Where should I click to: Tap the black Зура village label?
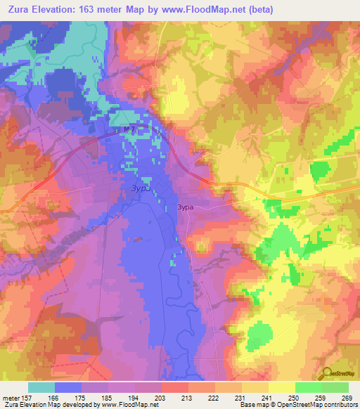pos(184,207)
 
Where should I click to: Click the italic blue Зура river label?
pos(141,188)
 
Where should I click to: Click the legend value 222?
pos(214,396)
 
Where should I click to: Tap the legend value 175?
pos(81,396)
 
